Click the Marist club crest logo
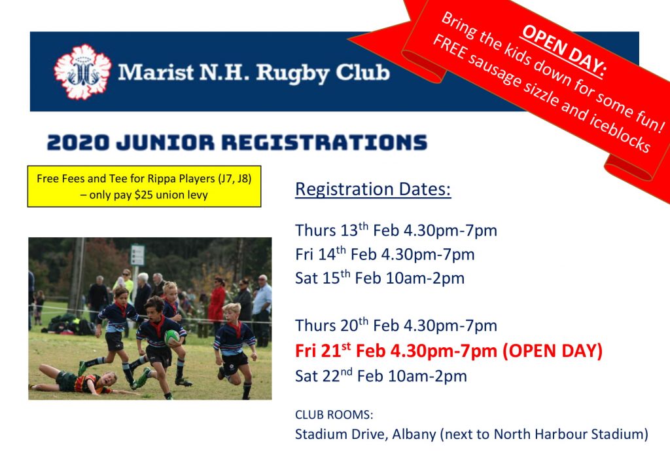[83, 72]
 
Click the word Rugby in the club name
[292, 73]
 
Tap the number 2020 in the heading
[78, 143]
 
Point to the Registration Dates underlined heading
[373, 189]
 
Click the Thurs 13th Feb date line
[396, 230]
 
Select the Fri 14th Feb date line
[385, 254]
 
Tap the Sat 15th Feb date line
[379, 278]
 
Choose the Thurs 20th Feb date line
[396, 326]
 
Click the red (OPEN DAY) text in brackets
[552, 351]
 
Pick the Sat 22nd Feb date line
[381, 376]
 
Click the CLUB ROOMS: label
[334, 415]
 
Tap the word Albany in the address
[414, 434]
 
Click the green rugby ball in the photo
[172, 337]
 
